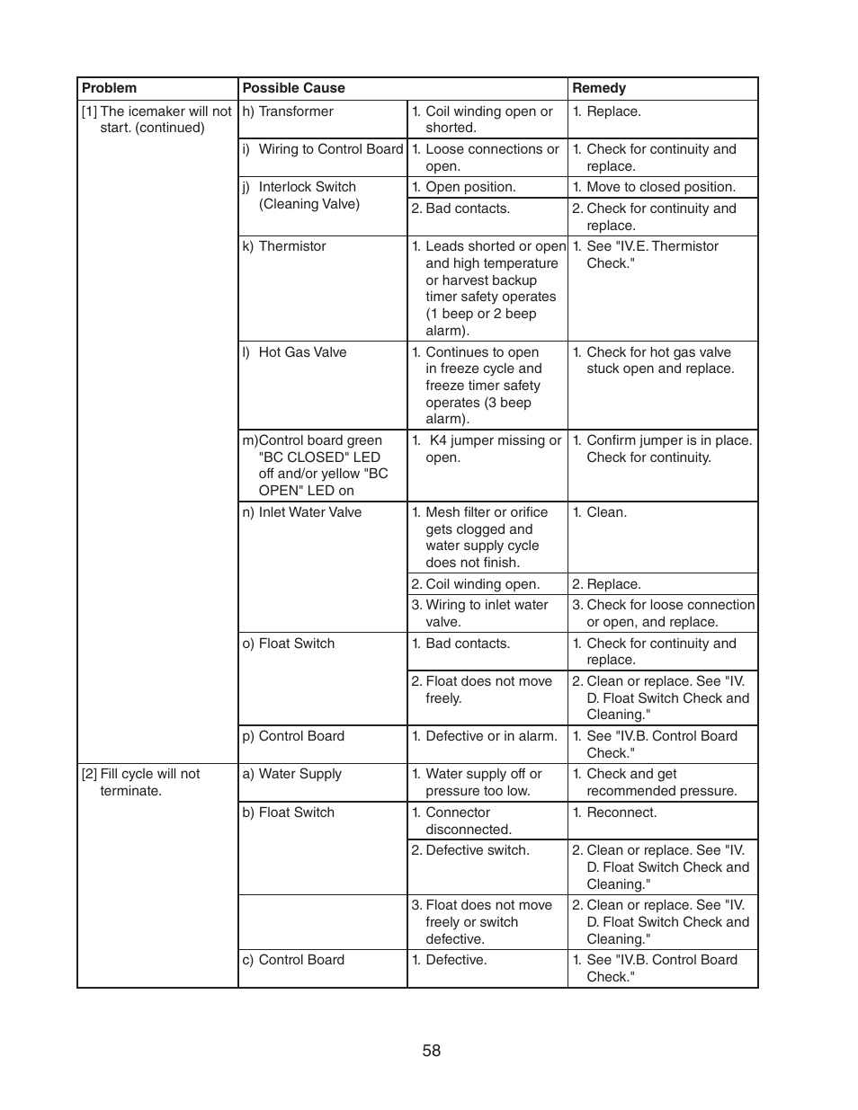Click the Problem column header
coord(110,88)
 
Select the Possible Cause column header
coord(293,88)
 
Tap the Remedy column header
coord(599,88)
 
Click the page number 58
coord(432,1051)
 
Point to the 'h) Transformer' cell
coord(288,111)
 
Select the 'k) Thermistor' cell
coord(284,246)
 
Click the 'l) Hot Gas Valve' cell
coord(294,352)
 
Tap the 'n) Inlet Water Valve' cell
coord(302,512)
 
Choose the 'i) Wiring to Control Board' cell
coord(322,149)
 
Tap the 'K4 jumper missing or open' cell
coord(487,448)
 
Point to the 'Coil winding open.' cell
coord(476,584)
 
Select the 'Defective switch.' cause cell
coord(470,850)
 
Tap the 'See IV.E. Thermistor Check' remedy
coord(652,254)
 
